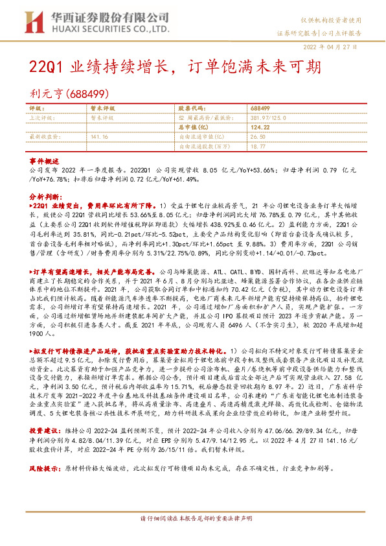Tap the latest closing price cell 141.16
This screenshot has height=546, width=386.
point(100,137)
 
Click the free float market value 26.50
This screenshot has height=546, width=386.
point(258,137)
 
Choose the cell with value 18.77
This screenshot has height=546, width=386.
point(258,147)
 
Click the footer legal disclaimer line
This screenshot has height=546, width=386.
point(193,536)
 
